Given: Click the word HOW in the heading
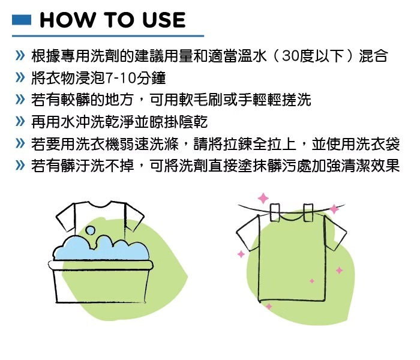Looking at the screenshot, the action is (67, 20).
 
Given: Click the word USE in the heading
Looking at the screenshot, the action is (164, 20).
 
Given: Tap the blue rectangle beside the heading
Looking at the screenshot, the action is (22, 20).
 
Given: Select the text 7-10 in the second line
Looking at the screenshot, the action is (120, 78).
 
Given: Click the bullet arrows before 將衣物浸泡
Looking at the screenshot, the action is (20, 78).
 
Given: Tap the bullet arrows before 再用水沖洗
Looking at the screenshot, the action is (20, 122).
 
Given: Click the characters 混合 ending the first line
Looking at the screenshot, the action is (373, 56).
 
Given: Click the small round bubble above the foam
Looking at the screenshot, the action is (91, 230).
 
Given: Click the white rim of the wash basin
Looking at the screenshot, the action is (100, 265).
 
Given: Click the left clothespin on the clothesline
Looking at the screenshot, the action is (275, 212).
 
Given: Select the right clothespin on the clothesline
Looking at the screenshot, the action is (308, 212).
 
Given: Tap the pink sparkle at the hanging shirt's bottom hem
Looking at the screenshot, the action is (269, 306).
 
